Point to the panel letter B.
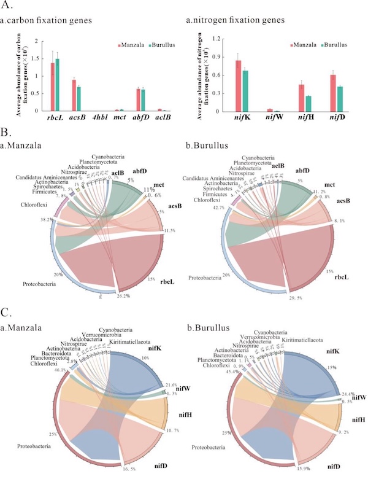[6, 131]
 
